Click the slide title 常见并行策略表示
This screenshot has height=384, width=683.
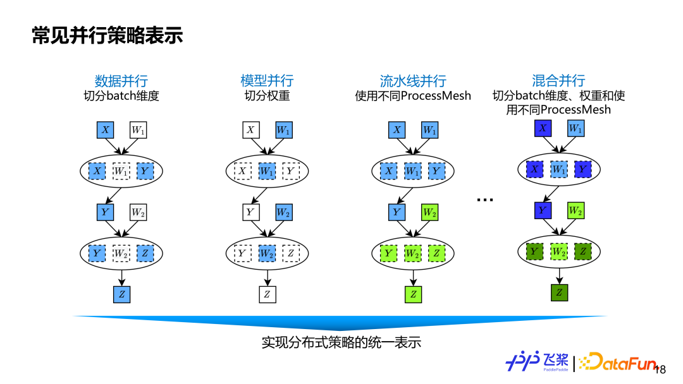(108, 36)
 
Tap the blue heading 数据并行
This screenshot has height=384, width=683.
(121, 81)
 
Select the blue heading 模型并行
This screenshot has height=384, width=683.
(267, 81)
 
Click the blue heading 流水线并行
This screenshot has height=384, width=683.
(413, 81)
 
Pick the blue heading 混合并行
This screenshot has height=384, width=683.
(558, 81)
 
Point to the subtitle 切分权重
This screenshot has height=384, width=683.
(267, 96)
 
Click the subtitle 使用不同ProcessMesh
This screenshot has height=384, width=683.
(413, 96)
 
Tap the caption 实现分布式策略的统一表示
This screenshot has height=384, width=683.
(341, 342)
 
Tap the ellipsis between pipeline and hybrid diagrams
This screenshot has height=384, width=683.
(485, 200)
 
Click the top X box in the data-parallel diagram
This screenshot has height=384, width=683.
(105, 130)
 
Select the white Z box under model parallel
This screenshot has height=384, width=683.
(268, 294)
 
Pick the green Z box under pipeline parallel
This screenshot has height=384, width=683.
(414, 294)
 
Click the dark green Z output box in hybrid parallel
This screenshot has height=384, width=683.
(559, 292)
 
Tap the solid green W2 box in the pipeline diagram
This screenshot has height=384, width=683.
(429, 212)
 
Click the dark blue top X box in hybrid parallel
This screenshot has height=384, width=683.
(543, 128)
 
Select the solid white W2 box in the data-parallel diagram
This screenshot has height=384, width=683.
(138, 212)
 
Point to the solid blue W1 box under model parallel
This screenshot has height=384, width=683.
(284, 130)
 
